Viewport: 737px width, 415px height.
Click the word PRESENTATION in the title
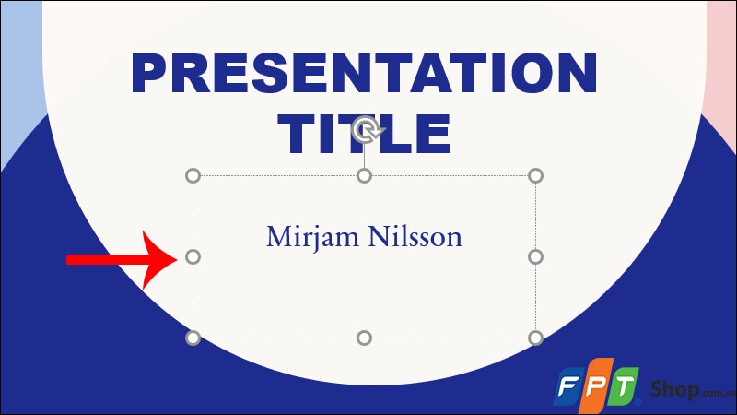364,74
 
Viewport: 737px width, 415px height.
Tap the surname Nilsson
415,237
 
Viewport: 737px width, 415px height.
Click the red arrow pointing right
120,259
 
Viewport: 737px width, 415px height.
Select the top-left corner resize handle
193,175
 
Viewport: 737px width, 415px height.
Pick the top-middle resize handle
364,175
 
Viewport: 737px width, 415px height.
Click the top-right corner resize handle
535,175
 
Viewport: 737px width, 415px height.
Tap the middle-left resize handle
193,256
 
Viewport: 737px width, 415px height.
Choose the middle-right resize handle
535,256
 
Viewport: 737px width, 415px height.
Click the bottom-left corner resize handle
193,338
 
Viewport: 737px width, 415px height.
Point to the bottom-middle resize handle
364,338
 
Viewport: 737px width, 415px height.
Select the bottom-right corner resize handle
535,338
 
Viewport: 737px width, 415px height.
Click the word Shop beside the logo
673,385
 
